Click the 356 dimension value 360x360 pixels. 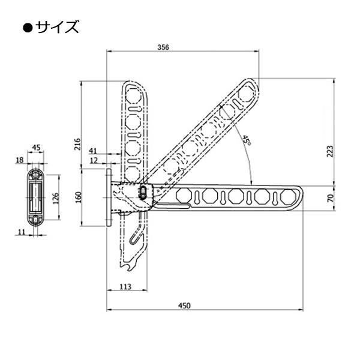click(163, 47)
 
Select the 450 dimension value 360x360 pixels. click(184, 305)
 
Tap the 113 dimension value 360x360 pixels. click(125, 287)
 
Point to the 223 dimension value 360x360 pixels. click(330, 151)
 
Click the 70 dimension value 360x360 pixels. click(330, 198)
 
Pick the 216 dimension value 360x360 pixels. click(78, 144)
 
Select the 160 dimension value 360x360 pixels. click(78, 197)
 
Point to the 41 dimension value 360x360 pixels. click(93, 151)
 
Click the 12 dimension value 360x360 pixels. click(94, 160)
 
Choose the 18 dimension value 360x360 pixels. click(20, 160)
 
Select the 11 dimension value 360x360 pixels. click(21, 232)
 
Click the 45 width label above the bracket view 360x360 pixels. click(36, 148)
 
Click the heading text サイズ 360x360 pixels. click(57, 27)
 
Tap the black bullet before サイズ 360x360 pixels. click(28, 28)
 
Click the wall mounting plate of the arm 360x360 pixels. click(109, 197)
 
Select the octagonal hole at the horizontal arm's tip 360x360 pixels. click(288, 197)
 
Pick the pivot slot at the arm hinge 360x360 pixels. click(143, 193)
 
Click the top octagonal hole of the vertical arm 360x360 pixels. click(133, 95)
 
